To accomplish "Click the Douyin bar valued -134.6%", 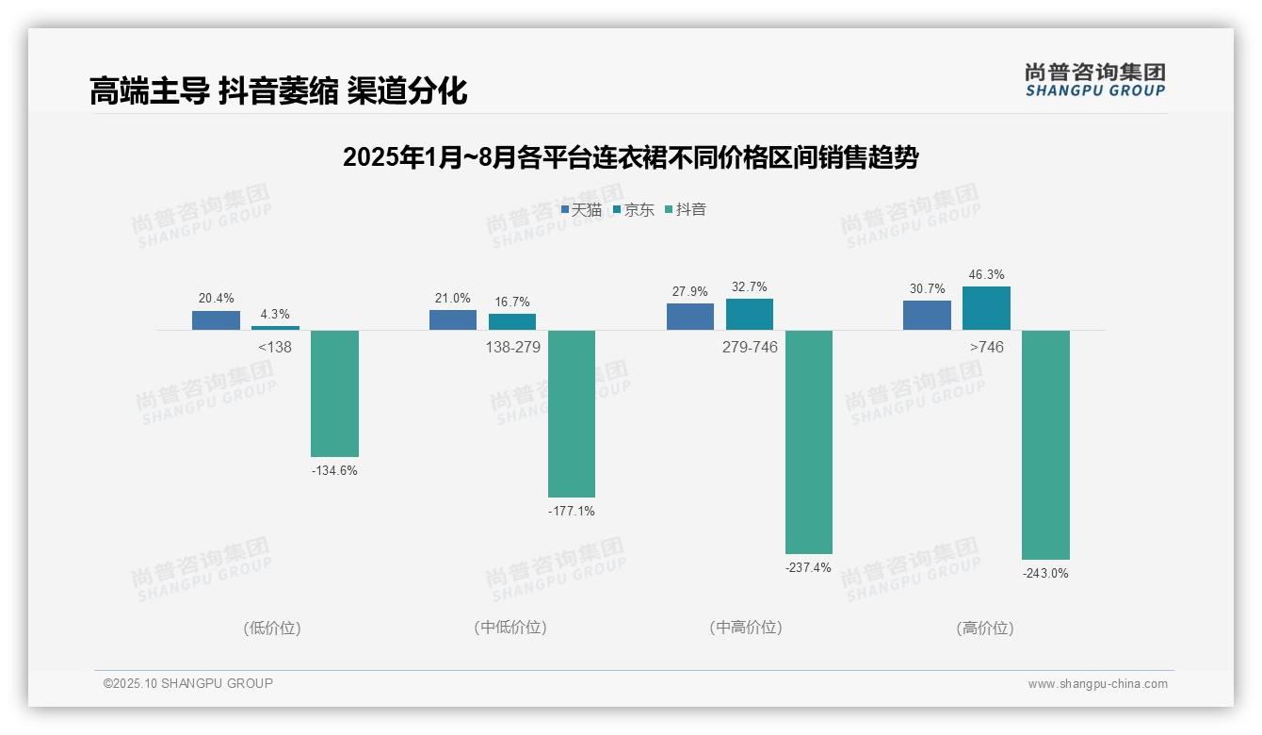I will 334,393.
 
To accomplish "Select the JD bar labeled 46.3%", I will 986,308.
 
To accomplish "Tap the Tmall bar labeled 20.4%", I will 216,320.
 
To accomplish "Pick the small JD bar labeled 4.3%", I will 275,328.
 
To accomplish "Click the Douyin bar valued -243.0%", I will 1045,445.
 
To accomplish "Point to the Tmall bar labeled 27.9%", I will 690,317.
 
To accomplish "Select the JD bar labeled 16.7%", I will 512,321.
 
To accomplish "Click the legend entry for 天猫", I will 581,210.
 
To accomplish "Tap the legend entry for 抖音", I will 686,210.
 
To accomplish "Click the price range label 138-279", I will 512,348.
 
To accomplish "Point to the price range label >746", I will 986,348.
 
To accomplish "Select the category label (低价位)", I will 272,628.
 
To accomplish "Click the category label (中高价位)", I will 745,628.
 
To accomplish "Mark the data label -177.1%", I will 571,512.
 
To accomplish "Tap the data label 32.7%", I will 749,287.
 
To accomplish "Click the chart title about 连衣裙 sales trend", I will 630,157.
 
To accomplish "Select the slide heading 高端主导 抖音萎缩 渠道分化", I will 279,91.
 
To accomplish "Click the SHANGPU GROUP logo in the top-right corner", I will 1094,80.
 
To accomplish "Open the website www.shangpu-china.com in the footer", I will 1097,684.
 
